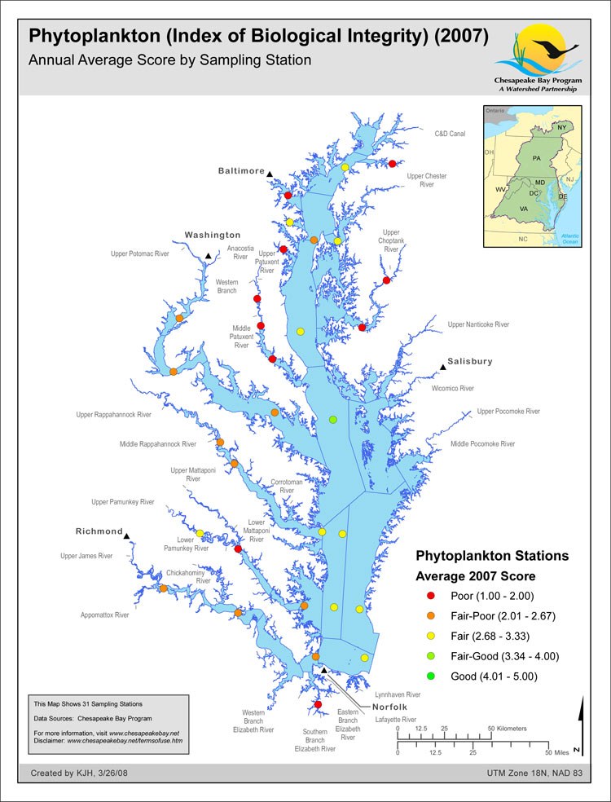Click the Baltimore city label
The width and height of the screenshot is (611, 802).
241,171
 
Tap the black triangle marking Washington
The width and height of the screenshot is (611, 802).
209,256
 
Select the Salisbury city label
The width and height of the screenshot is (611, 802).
470,361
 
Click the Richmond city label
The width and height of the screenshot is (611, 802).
99,531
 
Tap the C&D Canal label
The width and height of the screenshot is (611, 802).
450,134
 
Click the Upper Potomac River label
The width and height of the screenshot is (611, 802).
139,253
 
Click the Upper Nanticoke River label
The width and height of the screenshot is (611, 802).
478,324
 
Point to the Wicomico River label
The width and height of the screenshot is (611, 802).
452,389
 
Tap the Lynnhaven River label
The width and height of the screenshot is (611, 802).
397,694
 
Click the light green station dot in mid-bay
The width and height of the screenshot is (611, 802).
332,419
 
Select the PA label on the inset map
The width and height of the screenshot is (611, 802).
535,157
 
